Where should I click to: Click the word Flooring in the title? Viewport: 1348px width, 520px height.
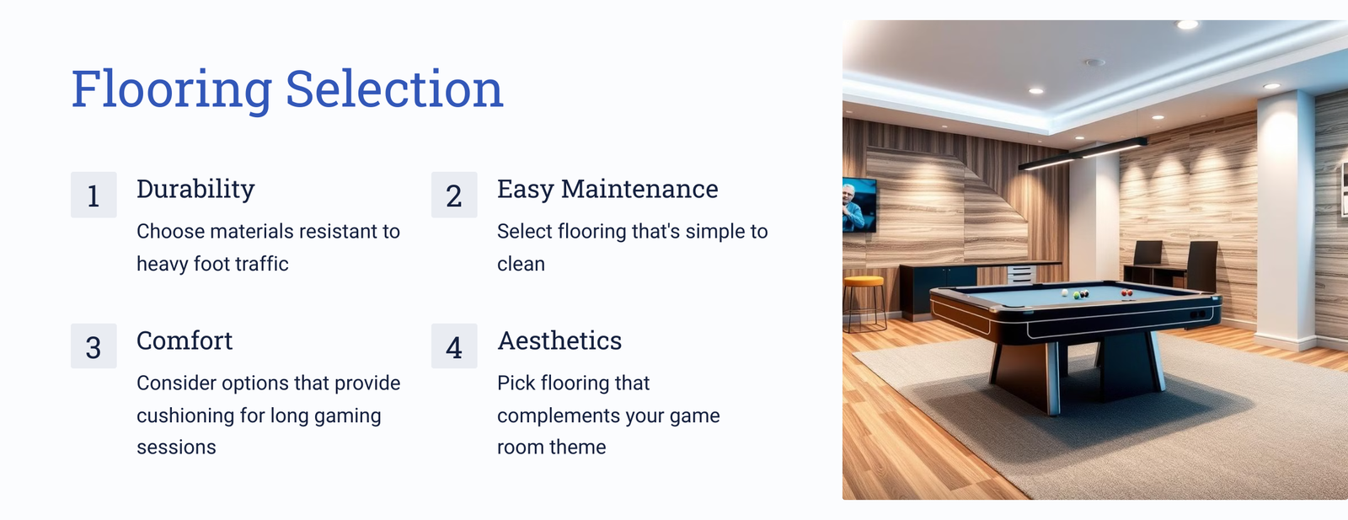(172, 89)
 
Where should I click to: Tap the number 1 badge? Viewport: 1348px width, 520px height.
(94, 195)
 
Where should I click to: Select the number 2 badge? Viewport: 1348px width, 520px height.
(454, 195)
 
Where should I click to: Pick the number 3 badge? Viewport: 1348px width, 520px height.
(94, 346)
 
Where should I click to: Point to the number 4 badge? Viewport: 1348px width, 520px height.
(454, 346)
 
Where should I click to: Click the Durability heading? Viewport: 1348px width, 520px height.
(195, 190)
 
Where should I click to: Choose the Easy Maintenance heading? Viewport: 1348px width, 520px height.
(607, 190)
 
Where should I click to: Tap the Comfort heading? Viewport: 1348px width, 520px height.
(185, 340)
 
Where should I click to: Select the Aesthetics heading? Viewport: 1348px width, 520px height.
(559, 340)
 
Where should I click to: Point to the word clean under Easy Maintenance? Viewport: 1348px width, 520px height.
(522, 264)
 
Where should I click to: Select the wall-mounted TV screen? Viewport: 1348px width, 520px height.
(859, 205)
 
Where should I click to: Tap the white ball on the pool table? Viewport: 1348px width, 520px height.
(1065, 293)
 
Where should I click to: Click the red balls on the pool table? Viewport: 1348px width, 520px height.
(1127, 293)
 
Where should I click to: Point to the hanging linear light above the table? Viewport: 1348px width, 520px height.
(1083, 154)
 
